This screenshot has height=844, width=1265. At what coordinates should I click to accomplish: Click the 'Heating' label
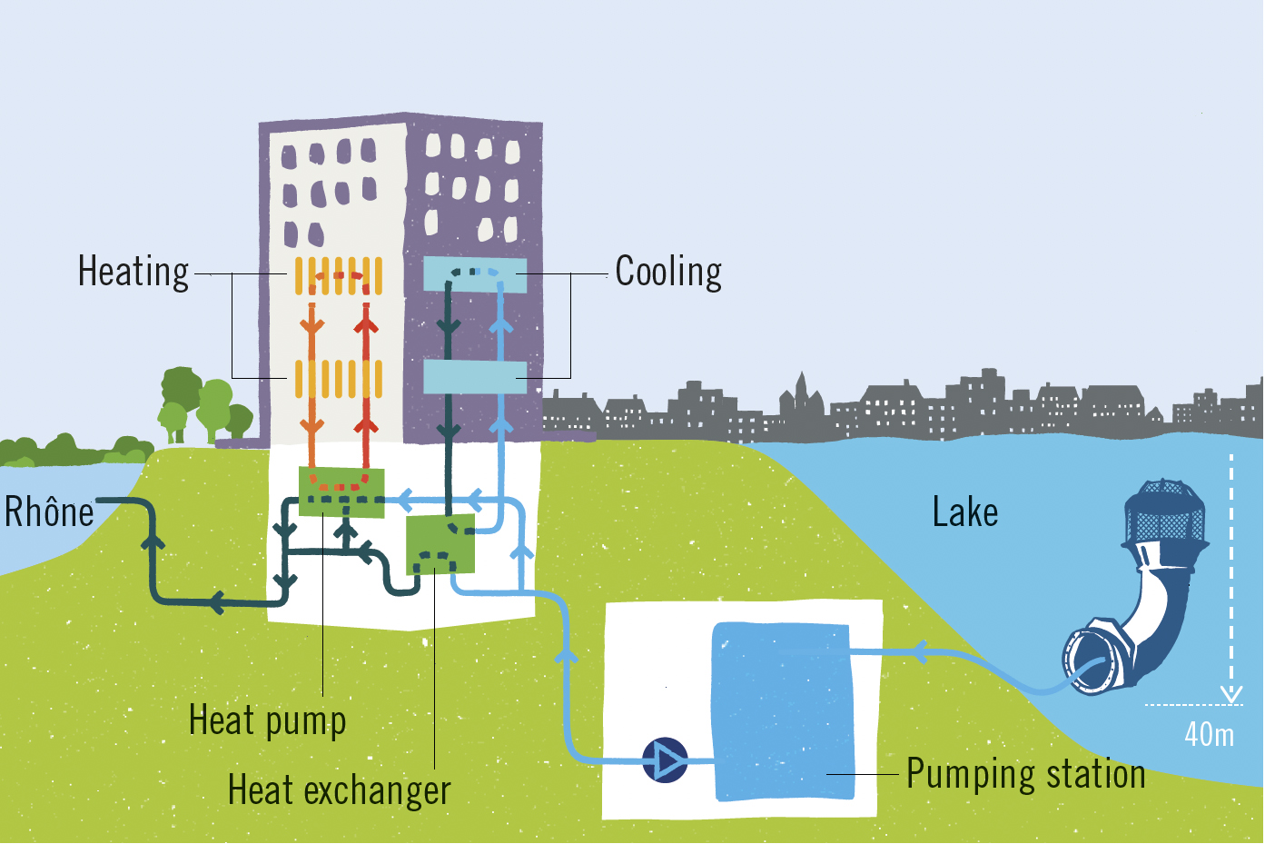[133, 272]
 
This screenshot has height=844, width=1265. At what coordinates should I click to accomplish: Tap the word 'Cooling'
[668, 272]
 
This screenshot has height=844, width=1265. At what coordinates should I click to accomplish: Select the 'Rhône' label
[49, 512]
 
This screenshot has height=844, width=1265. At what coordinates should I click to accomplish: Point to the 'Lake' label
[964, 512]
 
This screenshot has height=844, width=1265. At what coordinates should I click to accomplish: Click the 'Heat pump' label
[267, 720]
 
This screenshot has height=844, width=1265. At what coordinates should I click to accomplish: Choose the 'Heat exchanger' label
[339, 790]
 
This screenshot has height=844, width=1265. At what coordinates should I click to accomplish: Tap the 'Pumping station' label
[1025, 774]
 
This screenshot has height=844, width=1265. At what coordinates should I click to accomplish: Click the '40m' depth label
[1209, 734]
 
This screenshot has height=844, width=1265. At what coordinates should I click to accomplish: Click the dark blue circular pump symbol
[665, 760]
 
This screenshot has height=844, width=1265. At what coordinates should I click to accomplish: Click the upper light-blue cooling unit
[475, 274]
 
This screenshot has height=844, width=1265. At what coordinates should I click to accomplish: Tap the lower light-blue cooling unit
[475, 377]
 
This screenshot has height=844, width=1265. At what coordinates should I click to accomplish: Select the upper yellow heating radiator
[338, 275]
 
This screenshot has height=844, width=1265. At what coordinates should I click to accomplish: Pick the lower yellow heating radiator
[338, 379]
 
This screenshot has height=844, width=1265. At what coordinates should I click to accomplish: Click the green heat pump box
[341, 492]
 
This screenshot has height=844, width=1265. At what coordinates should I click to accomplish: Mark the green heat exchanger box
[440, 543]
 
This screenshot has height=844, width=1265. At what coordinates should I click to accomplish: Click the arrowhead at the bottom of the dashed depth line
[1230, 695]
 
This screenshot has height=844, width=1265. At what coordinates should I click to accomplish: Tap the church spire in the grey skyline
[800, 386]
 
